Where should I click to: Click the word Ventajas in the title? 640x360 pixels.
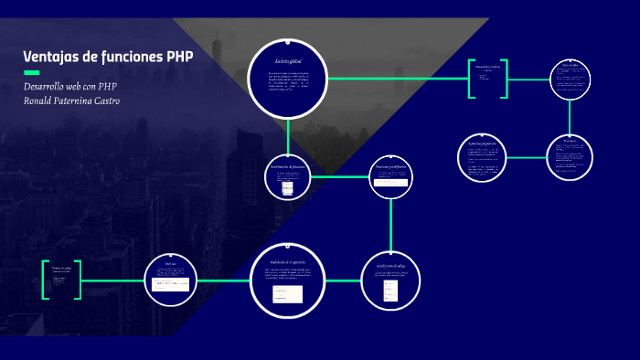pos(50,57)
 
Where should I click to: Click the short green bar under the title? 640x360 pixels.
pos(31,72)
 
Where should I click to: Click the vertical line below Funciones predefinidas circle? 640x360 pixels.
pos(391,223)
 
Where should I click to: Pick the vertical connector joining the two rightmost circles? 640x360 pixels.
pos(571,115)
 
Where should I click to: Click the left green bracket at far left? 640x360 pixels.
pos(44,281)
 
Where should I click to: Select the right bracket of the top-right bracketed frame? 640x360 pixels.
pos(506,79)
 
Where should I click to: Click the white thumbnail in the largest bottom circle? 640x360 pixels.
pos(287,294)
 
